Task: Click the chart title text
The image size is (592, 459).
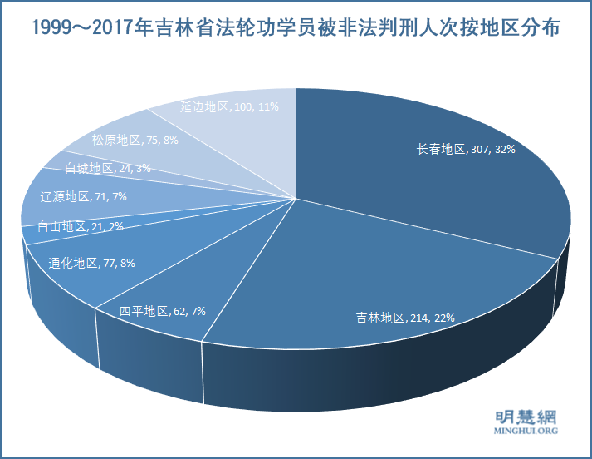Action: (x=296, y=28)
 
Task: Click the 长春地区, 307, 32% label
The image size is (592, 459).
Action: (x=466, y=150)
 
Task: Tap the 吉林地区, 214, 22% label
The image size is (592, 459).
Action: (x=405, y=318)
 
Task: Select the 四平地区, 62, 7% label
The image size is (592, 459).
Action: (x=162, y=311)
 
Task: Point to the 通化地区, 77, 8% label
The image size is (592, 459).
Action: (x=91, y=263)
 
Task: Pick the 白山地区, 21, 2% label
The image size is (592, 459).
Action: (x=81, y=226)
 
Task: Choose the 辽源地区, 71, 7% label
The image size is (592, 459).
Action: (x=83, y=196)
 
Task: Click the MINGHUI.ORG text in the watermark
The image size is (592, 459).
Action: (x=525, y=432)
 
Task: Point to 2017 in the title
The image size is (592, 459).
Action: (x=112, y=28)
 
